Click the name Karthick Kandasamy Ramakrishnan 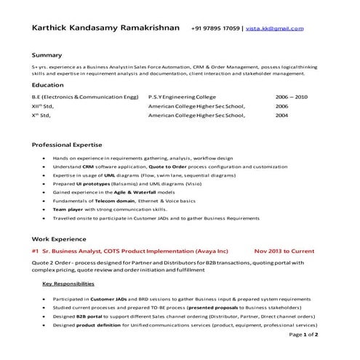coord(105,28)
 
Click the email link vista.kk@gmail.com coord(275,28)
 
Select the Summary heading coord(47,55)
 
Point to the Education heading coord(48,85)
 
